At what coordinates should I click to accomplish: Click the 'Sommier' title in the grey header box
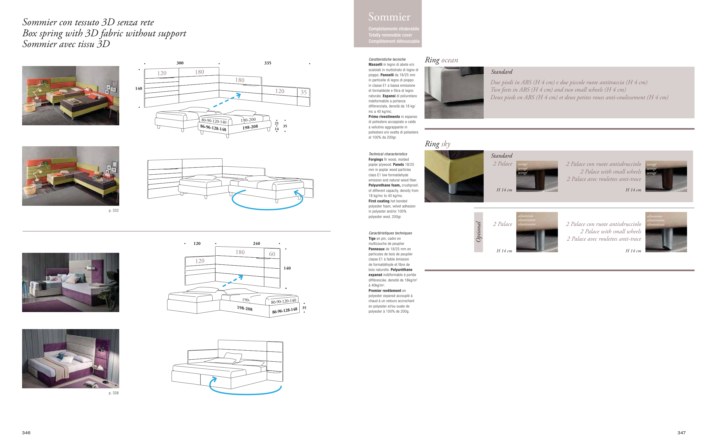[389, 17]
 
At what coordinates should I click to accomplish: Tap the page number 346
[26, 433]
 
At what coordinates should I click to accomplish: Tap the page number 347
[681, 433]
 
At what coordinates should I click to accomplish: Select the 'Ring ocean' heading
[441, 60]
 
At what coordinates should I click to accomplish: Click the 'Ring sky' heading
[438, 144]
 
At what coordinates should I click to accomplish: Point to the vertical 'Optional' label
[478, 232]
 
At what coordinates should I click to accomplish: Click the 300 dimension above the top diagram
[180, 63]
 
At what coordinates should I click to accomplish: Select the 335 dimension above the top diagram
[268, 63]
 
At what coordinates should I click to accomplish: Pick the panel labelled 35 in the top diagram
[304, 92]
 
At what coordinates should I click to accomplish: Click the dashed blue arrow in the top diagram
[227, 100]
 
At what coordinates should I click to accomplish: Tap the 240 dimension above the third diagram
[256, 243]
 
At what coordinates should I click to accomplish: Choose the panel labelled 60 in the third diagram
[272, 254]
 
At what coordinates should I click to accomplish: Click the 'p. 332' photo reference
[114, 210]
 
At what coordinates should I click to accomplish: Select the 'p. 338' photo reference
[114, 393]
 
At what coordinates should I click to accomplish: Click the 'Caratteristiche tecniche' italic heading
[387, 59]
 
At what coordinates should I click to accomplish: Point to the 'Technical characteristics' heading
[388, 154]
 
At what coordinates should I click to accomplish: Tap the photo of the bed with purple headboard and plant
[71, 283]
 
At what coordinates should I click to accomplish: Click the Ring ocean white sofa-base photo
[454, 93]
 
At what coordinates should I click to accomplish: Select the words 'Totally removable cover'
[390, 35]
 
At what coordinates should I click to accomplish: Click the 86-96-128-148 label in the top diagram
[213, 128]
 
